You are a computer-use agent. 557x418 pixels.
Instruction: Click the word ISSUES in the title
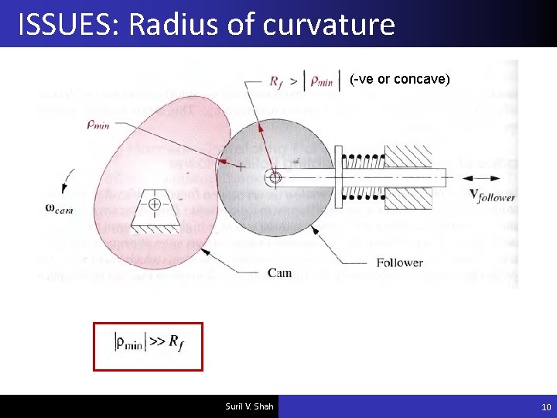[x=67, y=25]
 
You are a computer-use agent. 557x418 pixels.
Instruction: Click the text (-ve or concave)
[x=400, y=79]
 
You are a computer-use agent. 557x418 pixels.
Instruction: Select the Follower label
[x=399, y=263]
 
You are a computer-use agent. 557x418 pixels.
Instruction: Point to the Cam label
[x=279, y=272]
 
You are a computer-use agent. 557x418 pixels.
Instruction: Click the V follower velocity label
[x=492, y=194]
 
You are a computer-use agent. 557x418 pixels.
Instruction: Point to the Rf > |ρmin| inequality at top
[x=304, y=81]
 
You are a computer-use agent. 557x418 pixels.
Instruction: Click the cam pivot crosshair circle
[x=155, y=204]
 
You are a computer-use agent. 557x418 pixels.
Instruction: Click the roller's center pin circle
[x=273, y=177]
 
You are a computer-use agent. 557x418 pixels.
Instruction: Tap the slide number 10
[x=546, y=407]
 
